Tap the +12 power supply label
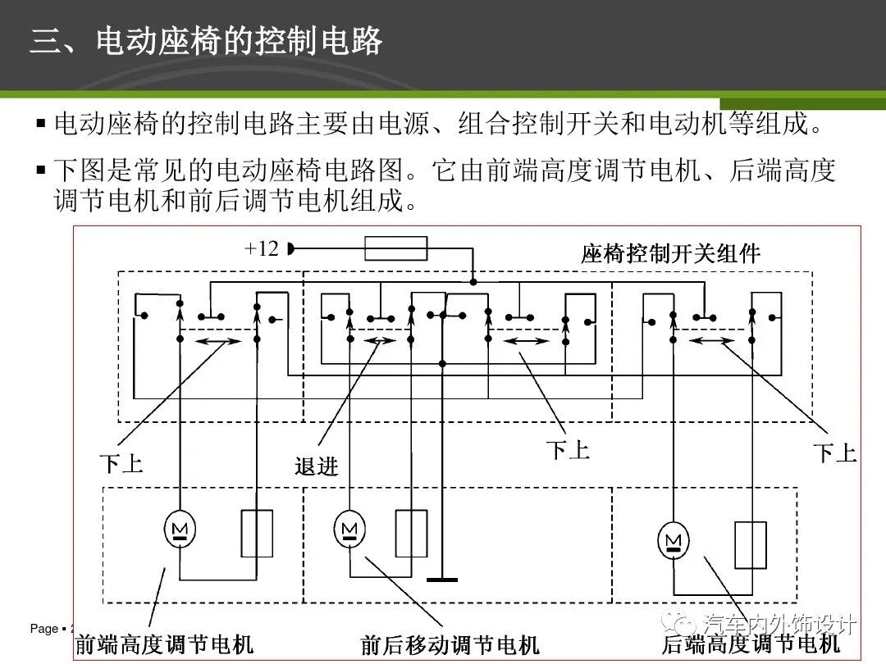pos(263,248)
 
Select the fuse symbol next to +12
pos(395,248)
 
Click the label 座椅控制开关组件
pos(670,253)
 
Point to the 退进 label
pos(317,466)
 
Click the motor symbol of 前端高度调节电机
pos(180,530)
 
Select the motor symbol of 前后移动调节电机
pos(349,529)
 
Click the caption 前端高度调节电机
pos(164,644)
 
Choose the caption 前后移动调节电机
pos(450,644)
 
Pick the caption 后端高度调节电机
pos(751,644)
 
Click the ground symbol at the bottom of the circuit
pos(442,580)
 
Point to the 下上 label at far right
pos(834,453)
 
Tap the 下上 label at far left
pos(121,464)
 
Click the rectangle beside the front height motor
pos(257,534)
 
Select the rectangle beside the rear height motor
pos(750,545)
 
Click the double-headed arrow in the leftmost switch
pos(217,341)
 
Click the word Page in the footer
pos(44,629)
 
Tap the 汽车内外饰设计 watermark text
pos(780,625)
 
